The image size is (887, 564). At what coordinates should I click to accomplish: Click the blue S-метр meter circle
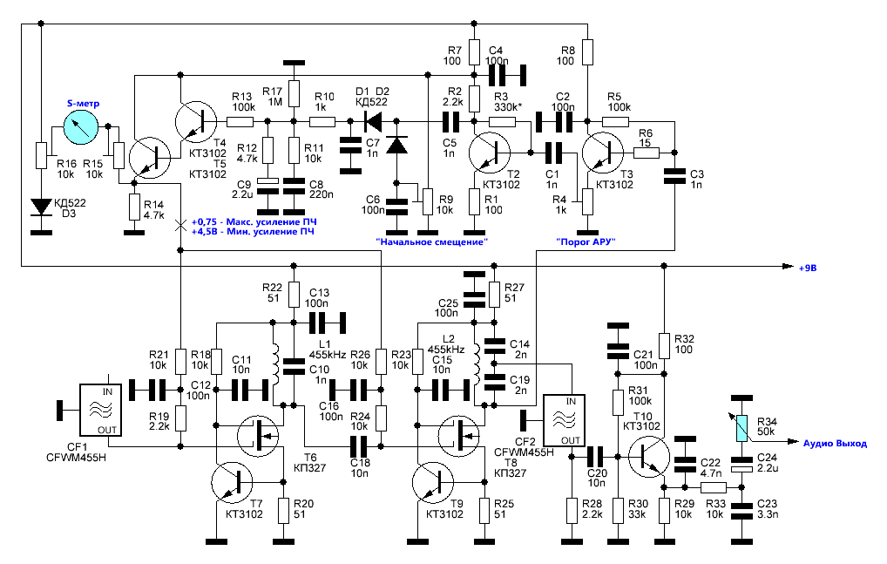80,131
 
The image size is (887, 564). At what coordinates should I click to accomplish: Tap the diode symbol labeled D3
40,207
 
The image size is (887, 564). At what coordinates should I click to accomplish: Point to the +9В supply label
809,268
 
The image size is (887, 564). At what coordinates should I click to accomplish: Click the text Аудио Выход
835,443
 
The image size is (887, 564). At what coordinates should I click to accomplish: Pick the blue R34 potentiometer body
741,428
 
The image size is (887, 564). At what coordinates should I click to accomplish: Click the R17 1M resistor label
274,97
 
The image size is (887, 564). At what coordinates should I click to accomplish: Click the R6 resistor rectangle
646,153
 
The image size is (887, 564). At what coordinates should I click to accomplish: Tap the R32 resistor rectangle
664,344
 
